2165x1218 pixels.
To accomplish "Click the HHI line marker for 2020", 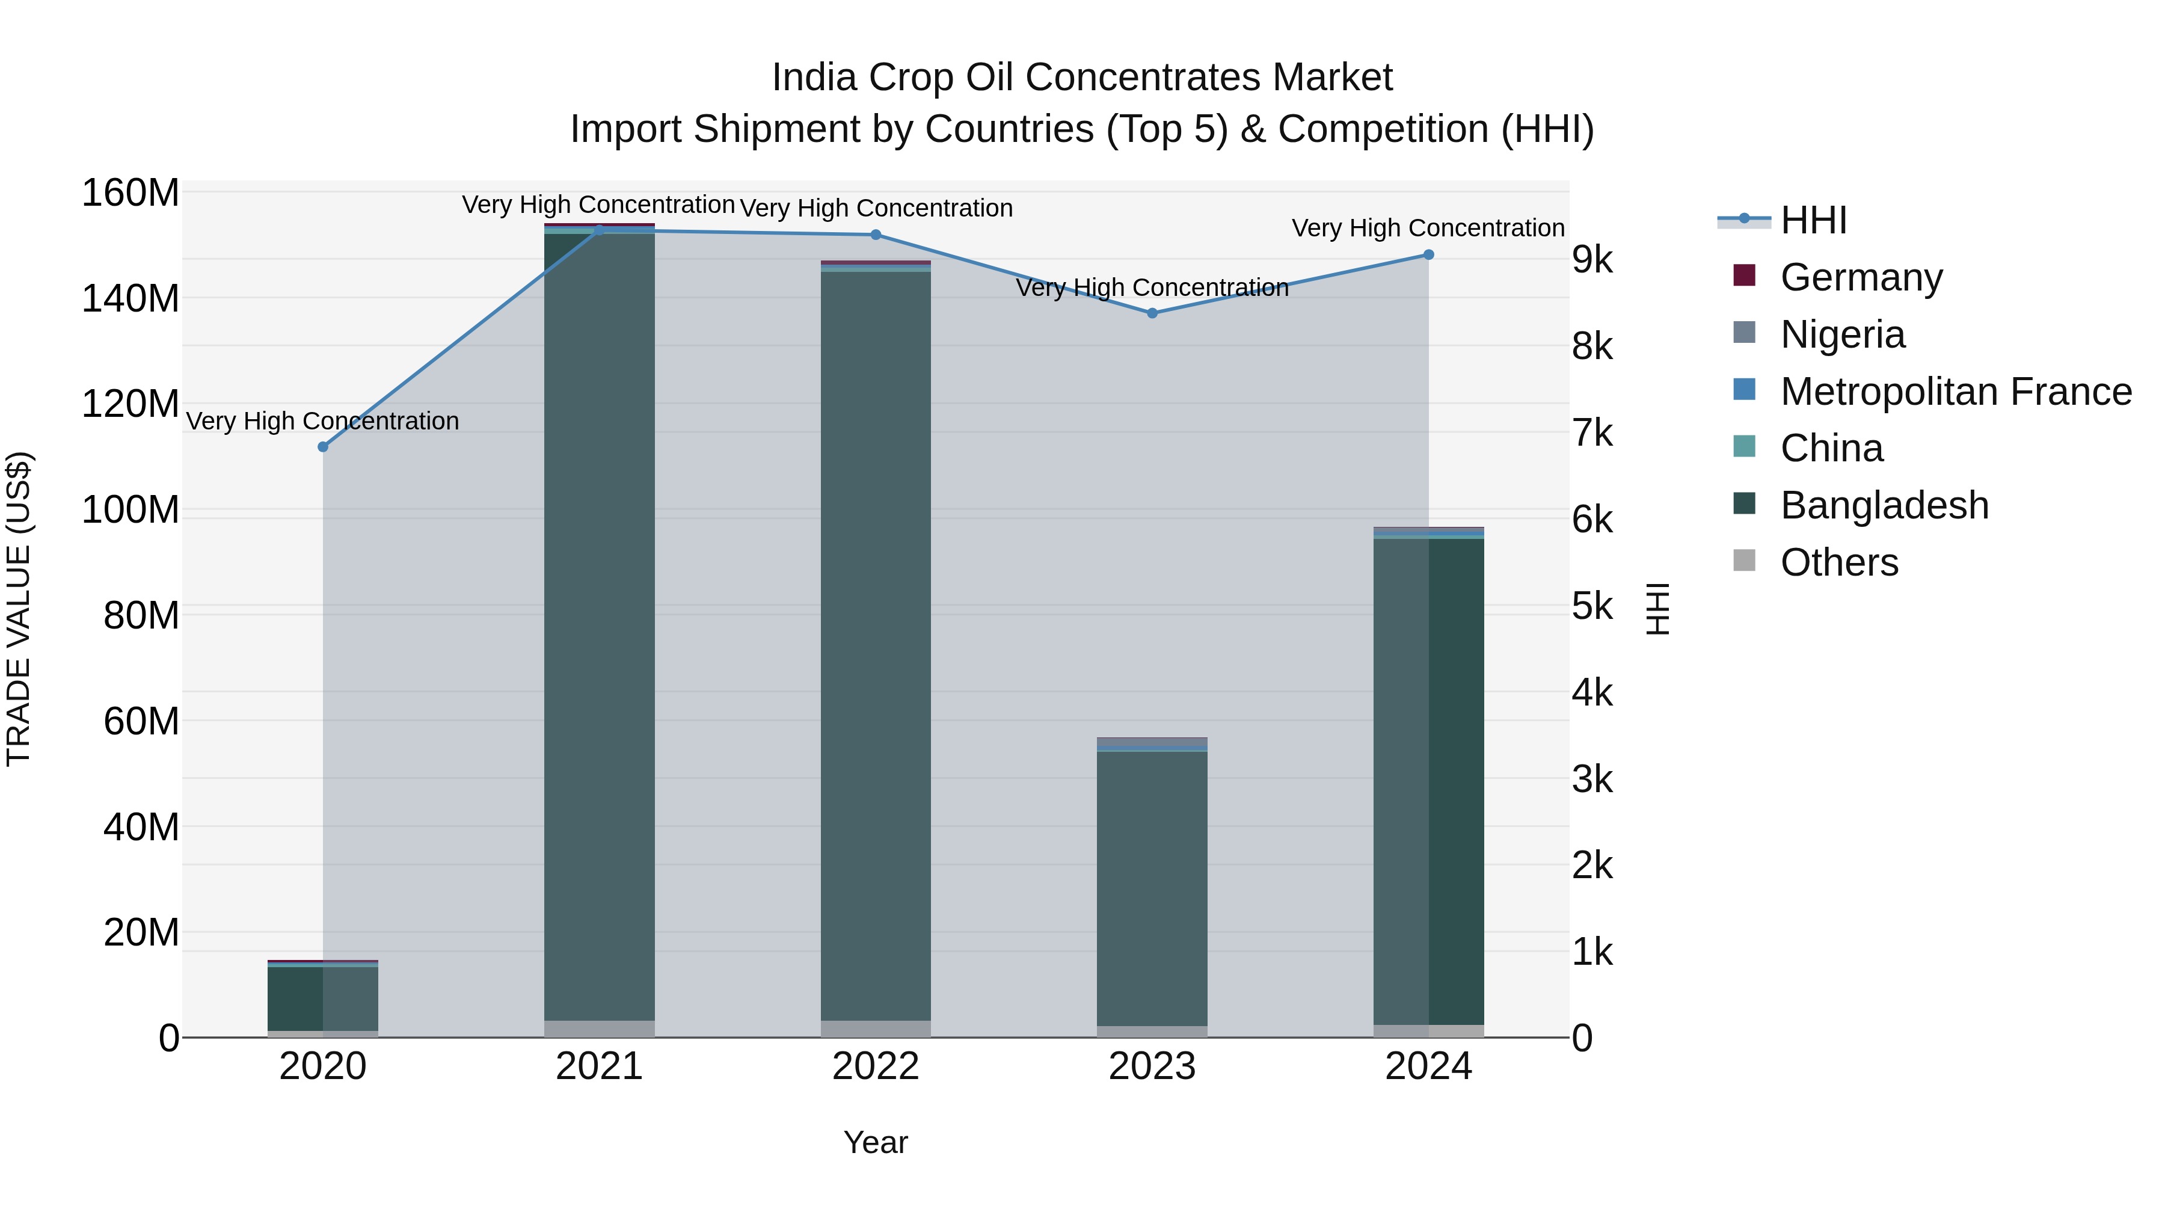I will (323, 446).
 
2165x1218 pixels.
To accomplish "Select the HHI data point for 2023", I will (1152, 313).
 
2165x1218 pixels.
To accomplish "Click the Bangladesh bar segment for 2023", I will (1152, 887).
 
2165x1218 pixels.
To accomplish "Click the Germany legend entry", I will (1861, 277).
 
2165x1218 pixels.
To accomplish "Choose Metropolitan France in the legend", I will (1955, 392).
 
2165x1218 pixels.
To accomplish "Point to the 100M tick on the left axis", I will (131, 510).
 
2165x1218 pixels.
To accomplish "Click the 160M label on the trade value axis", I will (131, 193).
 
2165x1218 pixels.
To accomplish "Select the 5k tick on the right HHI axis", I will (1592, 607).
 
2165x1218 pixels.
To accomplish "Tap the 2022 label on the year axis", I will (875, 1066).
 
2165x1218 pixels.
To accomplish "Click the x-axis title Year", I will (875, 1142).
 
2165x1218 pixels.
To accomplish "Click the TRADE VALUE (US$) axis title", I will (19, 609).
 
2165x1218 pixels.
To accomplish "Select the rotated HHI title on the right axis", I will (1657, 609).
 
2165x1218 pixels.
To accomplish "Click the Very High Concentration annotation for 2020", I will (323, 421).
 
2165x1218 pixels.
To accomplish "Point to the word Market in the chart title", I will (1332, 78).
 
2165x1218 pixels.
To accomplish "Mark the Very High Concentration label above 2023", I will (1152, 288).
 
